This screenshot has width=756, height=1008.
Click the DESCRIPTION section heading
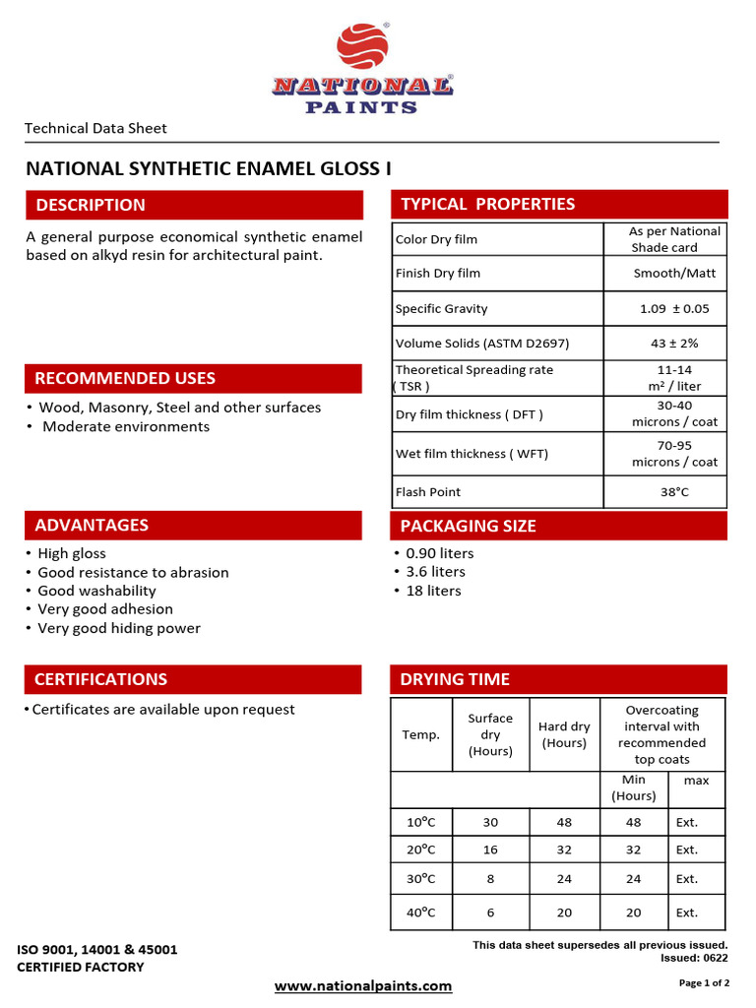(91, 205)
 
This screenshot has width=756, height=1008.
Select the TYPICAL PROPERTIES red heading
(487, 204)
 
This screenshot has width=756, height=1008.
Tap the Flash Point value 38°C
(674, 491)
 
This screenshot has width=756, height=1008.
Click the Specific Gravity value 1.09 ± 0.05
(674, 308)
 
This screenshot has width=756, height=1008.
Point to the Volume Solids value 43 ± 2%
(674, 344)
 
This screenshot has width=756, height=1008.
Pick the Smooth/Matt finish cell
(674, 273)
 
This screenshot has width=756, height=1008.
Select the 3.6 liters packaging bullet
(435, 571)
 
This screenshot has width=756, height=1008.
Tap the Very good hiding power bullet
(118, 628)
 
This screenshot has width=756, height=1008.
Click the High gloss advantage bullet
(71, 553)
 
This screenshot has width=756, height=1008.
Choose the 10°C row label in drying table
(420, 822)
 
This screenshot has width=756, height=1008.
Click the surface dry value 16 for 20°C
(490, 850)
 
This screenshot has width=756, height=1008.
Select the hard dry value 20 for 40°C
(564, 913)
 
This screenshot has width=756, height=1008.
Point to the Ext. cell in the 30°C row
(686, 878)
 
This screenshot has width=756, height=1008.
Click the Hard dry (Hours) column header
(564, 734)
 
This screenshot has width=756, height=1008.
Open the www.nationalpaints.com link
(362, 985)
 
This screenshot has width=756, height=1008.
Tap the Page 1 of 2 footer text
(704, 982)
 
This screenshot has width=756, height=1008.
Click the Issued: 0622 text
(694, 958)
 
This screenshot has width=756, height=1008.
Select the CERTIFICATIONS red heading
(100, 679)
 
